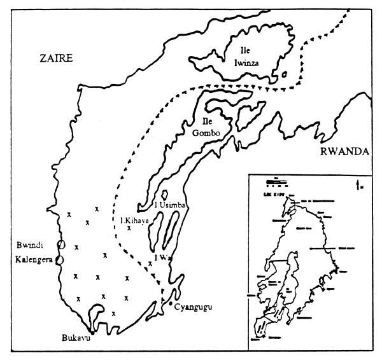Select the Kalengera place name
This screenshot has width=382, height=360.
click(28, 260)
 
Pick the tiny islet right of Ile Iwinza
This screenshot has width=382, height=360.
click(284, 73)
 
